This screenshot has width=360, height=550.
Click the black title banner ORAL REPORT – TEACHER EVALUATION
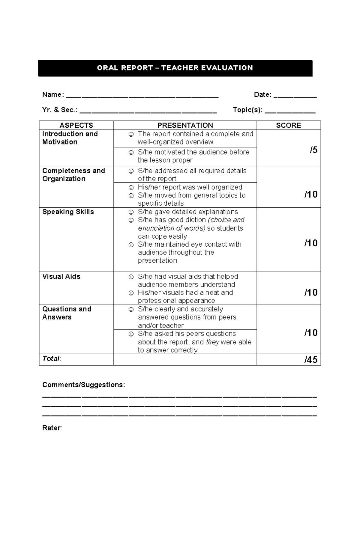tap(175, 68)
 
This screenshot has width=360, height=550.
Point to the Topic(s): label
tap(247, 110)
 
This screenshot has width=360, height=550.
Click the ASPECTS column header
tap(76, 125)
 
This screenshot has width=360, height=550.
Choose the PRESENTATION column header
tap(185, 125)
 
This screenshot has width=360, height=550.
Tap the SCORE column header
tap(288, 125)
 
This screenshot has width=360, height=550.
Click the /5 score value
tap(313, 150)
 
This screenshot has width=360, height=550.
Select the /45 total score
tap(311, 360)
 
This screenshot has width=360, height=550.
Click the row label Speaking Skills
tap(68, 212)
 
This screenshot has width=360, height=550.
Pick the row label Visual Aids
tap(61, 277)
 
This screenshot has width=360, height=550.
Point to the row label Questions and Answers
tap(67, 313)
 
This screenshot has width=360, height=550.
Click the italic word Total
tap(51, 359)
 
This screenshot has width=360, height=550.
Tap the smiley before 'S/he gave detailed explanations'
tap(131, 212)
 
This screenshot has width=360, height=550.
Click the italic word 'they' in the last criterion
tap(212, 342)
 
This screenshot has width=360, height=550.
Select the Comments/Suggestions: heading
tap(83, 385)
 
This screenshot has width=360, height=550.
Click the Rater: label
tap(52, 428)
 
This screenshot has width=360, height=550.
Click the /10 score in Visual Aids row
tap(311, 293)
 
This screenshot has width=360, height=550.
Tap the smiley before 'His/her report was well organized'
tap(131, 188)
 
